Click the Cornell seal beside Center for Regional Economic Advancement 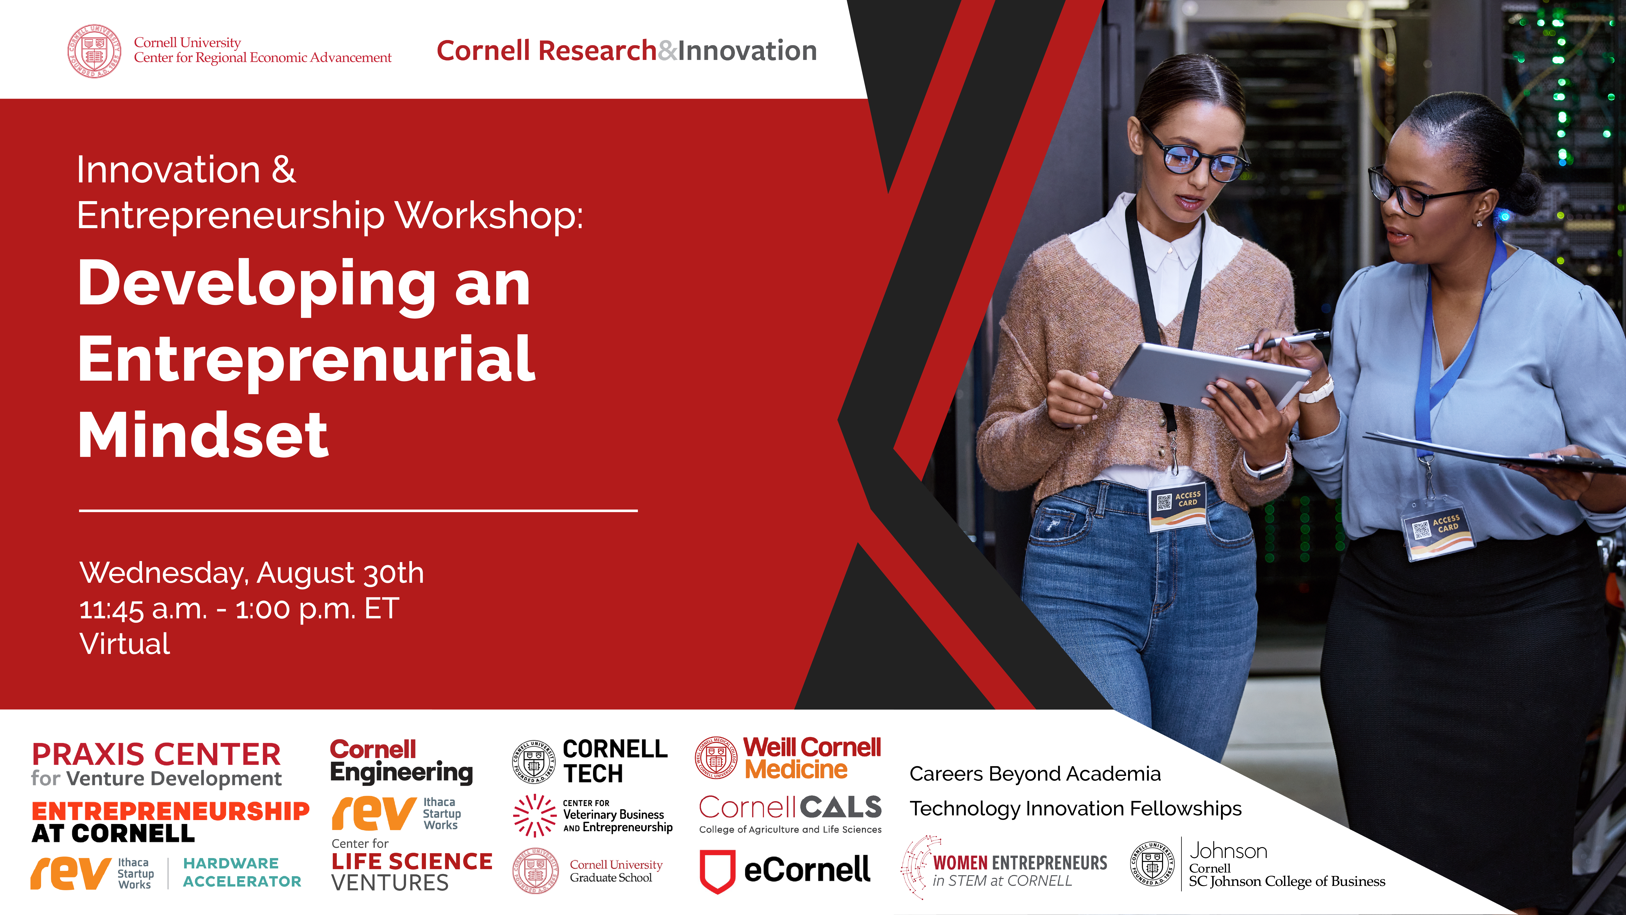click(x=95, y=51)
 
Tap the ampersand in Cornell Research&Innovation click(x=667, y=50)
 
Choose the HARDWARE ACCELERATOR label click(x=242, y=872)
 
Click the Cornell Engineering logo click(x=401, y=761)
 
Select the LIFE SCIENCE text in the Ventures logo click(x=412, y=861)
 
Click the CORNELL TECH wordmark click(x=615, y=761)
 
